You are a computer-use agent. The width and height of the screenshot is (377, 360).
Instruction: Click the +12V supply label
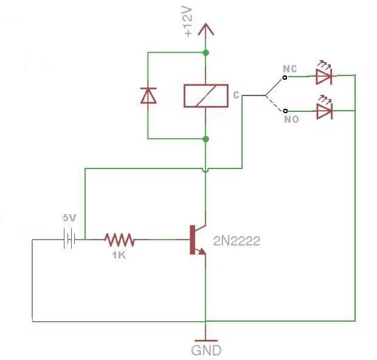(188, 22)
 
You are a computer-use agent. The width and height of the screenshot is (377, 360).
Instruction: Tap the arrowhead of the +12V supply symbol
(206, 29)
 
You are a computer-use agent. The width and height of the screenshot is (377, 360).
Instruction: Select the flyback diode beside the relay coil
(148, 95)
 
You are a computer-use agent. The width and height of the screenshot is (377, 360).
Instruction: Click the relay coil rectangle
(206, 95)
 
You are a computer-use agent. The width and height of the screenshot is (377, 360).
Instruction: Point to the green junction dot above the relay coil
(206, 53)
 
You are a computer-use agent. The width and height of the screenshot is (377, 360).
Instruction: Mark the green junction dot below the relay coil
(206, 139)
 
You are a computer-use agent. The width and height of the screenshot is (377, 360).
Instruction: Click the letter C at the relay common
(236, 95)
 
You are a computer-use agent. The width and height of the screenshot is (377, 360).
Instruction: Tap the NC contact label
(290, 69)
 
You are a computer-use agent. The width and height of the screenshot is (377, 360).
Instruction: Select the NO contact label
(291, 119)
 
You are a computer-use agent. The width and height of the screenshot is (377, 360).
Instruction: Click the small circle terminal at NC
(285, 77)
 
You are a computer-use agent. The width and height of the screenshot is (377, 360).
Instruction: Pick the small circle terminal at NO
(285, 111)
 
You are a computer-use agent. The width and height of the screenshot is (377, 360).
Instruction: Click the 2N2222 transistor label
(237, 241)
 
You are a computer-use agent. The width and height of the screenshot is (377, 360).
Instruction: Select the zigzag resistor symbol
(120, 240)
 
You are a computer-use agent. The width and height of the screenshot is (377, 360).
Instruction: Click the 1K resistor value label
(119, 255)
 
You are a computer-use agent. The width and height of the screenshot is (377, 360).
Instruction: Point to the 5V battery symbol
(69, 239)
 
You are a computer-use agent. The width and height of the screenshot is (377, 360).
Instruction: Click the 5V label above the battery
(69, 218)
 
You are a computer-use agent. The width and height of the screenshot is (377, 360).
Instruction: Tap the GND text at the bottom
(206, 350)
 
